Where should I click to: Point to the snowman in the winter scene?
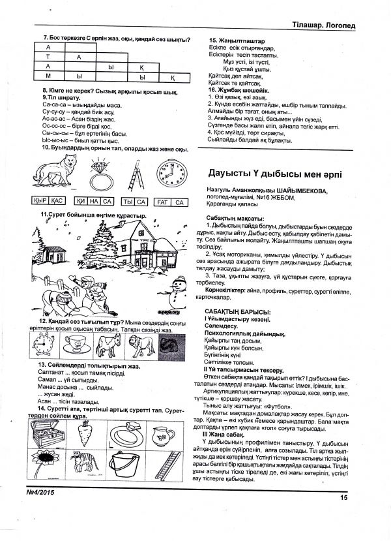(175, 287)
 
